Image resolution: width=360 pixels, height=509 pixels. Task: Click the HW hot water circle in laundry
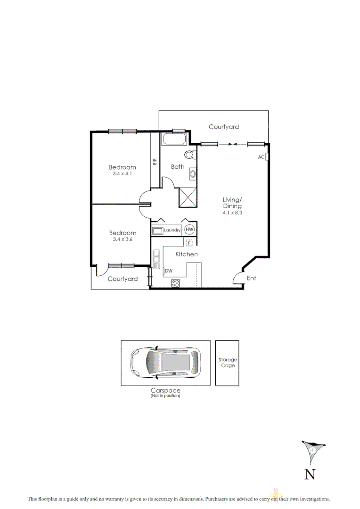189,230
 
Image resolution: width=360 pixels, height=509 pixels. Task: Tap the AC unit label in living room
261,157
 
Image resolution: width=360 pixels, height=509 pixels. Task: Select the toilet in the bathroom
190,155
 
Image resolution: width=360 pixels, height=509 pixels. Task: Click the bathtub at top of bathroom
175,140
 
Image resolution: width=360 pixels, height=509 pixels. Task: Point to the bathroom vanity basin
192,174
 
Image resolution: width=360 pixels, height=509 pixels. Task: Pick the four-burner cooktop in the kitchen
175,283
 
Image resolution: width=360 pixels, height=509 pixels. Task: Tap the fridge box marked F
189,243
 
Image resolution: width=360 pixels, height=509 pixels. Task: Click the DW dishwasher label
168,271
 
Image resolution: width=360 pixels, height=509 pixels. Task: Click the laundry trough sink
157,230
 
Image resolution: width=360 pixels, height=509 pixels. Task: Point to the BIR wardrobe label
155,161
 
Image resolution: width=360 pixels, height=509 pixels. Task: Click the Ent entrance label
252,278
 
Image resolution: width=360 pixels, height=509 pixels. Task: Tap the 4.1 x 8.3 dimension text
232,213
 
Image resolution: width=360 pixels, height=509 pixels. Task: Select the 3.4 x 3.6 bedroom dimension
123,239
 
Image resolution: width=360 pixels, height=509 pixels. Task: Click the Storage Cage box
227,362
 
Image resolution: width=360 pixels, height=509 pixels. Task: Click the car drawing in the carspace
165,363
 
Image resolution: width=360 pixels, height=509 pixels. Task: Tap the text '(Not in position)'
165,396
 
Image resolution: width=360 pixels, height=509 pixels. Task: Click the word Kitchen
187,254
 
